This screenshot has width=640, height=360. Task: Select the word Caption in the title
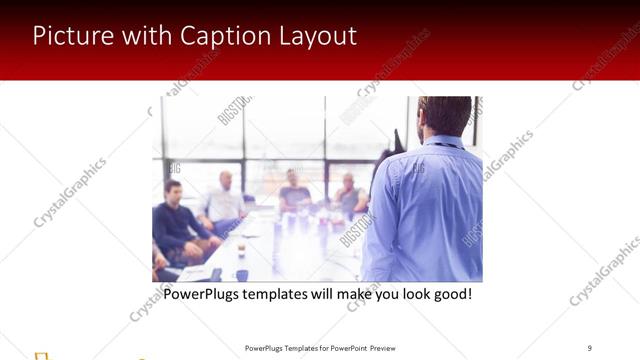[222, 36]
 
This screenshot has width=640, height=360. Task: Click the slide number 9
[589, 348]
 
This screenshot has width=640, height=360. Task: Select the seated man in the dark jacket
[176, 220]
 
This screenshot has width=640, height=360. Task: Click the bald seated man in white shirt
[225, 200]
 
